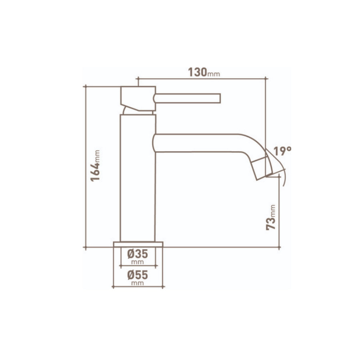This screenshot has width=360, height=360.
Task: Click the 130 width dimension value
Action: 197,72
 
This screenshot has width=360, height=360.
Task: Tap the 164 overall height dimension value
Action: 95,171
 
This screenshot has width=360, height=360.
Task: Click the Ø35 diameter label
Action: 138,254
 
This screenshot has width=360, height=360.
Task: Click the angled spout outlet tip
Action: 264,167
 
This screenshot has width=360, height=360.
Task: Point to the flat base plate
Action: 138,244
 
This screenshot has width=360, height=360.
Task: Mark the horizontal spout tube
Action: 200,143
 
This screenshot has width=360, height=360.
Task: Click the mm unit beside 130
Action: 214,74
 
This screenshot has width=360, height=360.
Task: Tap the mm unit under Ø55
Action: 138,283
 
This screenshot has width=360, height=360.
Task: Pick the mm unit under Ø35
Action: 138,262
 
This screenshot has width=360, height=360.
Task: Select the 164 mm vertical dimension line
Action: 86,200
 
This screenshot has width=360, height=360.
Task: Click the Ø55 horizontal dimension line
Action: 138,287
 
